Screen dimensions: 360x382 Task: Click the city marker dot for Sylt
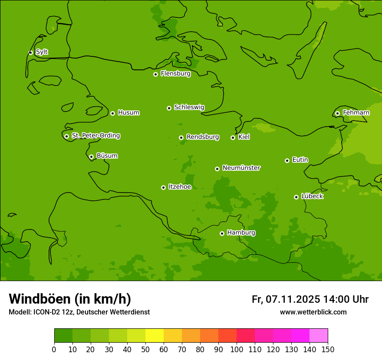(30, 52)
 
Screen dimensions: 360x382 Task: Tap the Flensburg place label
(175, 74)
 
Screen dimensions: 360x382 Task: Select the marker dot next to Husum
(112, 113)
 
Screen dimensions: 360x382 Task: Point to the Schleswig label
(189, 107)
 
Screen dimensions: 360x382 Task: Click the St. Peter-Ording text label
(95, 136)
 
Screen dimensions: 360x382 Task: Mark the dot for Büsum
(91, 157)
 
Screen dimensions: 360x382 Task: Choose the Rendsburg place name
(202, 137)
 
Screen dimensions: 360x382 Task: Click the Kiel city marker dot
(233, 137)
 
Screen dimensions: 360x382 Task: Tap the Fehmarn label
(356, 113)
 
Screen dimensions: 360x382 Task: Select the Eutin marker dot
(287, 160)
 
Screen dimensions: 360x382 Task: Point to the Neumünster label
(241, 168)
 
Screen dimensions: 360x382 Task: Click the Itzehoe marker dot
(163, 187)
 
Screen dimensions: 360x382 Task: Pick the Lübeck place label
(312, 196)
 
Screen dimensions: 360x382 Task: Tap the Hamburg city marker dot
(222, 233)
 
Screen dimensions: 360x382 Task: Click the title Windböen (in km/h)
(70, 299)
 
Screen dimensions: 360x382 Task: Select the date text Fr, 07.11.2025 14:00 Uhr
(310, 299)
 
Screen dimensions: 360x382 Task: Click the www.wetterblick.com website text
(313, 312)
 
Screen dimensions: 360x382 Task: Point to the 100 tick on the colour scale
(237, 349)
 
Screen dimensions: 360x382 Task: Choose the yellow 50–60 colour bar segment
(155, 336)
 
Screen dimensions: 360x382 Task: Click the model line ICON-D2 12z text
(79, 312)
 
